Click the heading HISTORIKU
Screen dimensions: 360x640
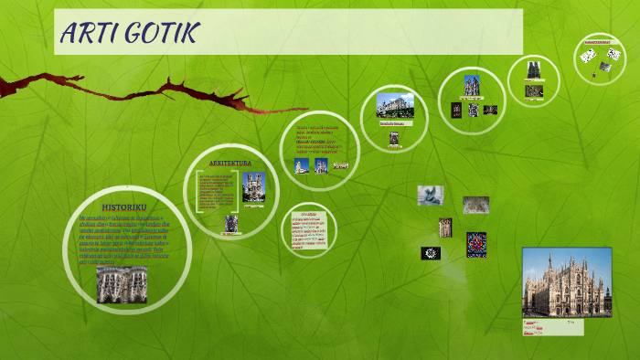tap(123, 207)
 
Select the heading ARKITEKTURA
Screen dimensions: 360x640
tap(230, 163)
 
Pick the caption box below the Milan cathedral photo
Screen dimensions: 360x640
tap(552, 326)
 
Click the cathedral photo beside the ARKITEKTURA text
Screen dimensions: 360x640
tap(253, 188)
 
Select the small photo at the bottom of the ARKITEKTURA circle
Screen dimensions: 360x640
tap(231, 223)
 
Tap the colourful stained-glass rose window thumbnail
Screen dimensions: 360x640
tap(476, 244)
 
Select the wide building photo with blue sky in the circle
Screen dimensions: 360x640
tap(395, 105)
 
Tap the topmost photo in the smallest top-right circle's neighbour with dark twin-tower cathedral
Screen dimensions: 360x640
tap(533, 69)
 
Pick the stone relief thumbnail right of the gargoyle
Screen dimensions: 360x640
tap(475, 205)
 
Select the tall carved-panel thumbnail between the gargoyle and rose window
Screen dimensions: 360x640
tap(445, 228)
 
